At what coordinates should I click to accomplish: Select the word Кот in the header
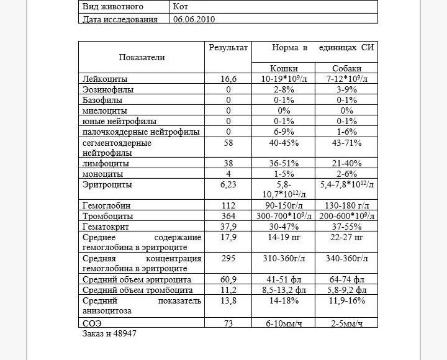[x=183, y=7]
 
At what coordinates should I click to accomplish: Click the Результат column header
[x=228, y=47]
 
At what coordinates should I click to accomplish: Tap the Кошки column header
[x=284, y=68]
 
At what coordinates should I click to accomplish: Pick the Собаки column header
[x=346, y=68]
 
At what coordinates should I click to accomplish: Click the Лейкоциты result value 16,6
[x=228, y=79]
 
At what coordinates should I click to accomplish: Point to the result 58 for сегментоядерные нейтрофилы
[x=228, y=143]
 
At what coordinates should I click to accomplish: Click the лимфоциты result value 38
[x=228, y=164]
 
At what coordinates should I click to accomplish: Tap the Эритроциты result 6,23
[x=228, y=185]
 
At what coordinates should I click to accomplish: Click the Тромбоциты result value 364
[x=228, y=217]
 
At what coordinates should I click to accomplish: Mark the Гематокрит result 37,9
[x=228, y=227]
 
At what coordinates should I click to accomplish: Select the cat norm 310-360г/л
[x=284, y=258]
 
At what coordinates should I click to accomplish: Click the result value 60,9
[x=228, y=280]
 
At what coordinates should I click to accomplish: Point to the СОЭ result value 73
[x=228, y=323]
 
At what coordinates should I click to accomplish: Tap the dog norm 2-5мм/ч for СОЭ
[x=346, y=323]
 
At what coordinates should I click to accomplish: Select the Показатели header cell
[x=142, y=57]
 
